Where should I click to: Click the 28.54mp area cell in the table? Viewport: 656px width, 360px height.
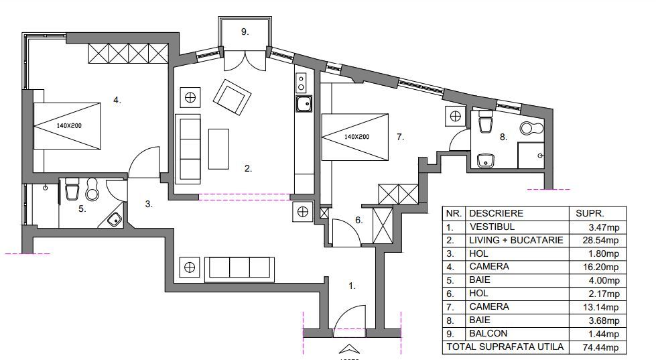pyautogui.click(x=600, y=240)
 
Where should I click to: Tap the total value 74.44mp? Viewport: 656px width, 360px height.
pyautogui.click(x=600, y=347)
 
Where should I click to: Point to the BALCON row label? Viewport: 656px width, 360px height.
pyautogui.click(x=488, y=334)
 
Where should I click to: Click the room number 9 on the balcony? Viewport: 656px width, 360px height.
pyautogui.click(x=245, y=32)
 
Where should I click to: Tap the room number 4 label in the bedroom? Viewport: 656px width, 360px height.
pyautogui.click(x=117, y=100)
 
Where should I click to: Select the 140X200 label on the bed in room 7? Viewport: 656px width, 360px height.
pyautogui.click(x=357, y=137)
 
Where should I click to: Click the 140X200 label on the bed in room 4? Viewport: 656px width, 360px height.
pyautogui.click(x=69, y=125)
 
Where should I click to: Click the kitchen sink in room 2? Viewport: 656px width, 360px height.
pyautogui.click(x=304, y=103)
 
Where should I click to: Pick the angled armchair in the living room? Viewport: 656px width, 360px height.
pyautogui.click(x=233, y=97)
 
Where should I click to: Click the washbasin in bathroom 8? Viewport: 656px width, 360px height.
pyautogui.click(x=486, y=160)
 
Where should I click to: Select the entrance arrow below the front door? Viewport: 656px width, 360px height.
pyautogui.click(x=349, y=349)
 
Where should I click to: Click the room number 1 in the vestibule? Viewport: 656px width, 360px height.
pyautogui.click(x=352, y=286)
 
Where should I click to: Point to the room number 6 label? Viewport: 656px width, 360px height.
pyautogui.click(x=359, y=220)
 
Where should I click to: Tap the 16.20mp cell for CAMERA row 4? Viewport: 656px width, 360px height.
pyautogui.click(x=600, y=267)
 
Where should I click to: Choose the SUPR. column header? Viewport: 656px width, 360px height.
pyautogui.click(x=590, y=213)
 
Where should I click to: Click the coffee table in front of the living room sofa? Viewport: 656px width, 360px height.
pyautogui.click(x=218, y=149)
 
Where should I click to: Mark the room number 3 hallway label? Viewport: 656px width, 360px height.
pyautogui.click(x=149, y=204)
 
